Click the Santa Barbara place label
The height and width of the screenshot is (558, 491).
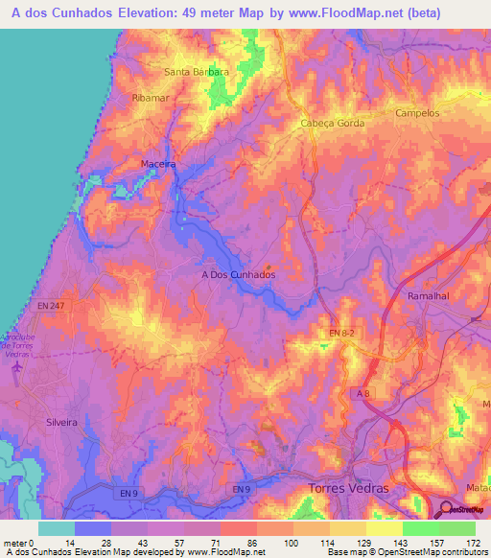tap(196, 72)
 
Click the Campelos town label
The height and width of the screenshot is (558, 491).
tap(417, 112)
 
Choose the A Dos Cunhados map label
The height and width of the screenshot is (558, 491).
tap(239, 274)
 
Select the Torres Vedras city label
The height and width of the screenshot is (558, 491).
tap(349, 488)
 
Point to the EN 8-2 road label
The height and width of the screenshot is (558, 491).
tap(341, 332)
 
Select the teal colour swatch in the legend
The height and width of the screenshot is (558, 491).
tap(57, 528)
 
